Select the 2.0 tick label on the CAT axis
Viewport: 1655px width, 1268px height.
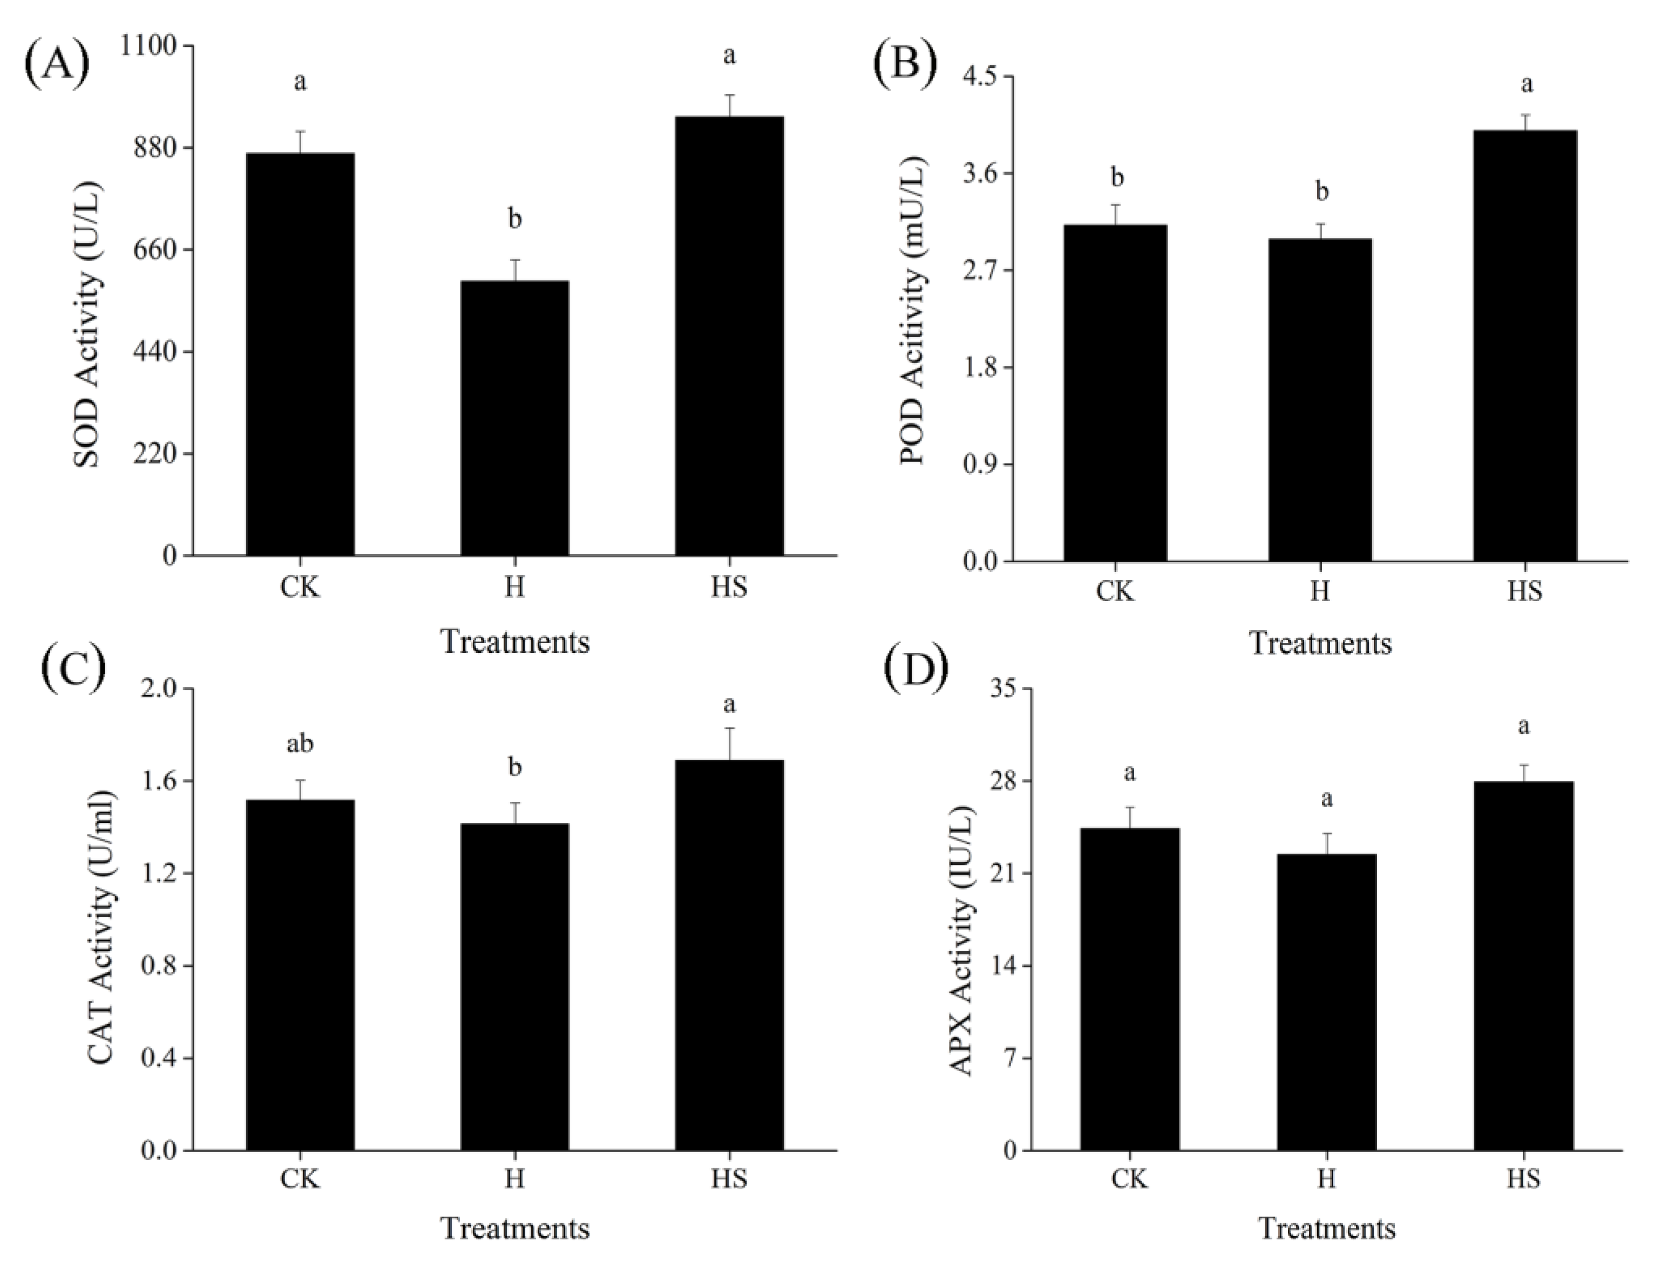click(157, 689)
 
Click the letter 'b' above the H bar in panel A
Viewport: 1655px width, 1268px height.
click(514, 220)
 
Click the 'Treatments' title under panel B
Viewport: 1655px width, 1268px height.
click(1320, 644)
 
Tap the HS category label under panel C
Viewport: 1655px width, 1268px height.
click(729, 1178)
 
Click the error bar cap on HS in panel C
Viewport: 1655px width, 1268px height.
click(729, 728)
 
